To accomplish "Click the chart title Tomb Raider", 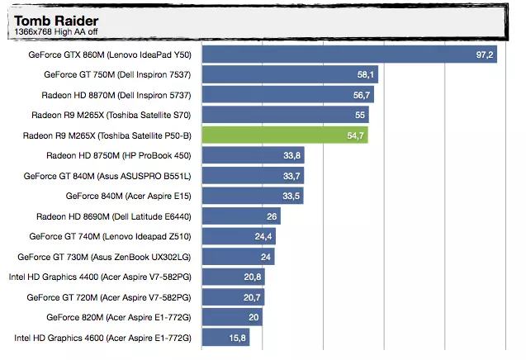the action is coord(56,21).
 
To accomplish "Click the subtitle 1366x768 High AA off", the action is coord(56,32).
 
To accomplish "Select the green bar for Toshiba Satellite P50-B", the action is coord(285,135).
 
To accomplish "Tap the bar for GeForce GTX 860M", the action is coord(349,54).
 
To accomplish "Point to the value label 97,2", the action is coord(485,54).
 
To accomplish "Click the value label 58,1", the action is coord(365,74).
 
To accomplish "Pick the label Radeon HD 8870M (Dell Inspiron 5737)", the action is coord(116,95).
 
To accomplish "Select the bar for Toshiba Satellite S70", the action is coord(286,115).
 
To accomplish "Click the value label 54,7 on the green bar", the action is coord(355,135).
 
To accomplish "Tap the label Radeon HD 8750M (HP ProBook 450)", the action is coord(119,156).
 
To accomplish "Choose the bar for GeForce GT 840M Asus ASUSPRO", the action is coord(253,176).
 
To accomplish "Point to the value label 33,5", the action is coord(291,196).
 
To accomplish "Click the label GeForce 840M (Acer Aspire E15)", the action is coord(129,196).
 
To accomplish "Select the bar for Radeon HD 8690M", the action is coord(241,216).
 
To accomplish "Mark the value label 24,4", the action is coord(263,236).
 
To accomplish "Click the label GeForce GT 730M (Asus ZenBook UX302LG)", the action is coord(104,257).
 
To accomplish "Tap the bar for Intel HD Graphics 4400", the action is coord(234,277).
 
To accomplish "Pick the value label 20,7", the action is coord(252,297).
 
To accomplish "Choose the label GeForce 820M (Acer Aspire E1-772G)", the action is coord(119,317).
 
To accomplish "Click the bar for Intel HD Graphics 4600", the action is coord(225,337).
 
